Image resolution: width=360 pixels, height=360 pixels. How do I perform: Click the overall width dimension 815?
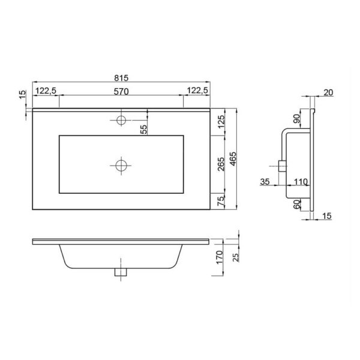pyautogui.click(x=121, y=77)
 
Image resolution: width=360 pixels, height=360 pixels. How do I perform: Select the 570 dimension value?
pyautogui.click(x=121, y=91)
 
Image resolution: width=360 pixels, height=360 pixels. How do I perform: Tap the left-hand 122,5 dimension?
pyautogui.click(x=46, y=91)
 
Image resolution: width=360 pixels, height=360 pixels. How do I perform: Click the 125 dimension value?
pyautogui.click(x=220, y=122)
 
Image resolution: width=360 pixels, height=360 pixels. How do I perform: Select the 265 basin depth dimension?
pyautogui.click(x=220, y=164)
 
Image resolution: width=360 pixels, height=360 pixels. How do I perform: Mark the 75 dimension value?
pyautogui.click(x=220, y=201)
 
